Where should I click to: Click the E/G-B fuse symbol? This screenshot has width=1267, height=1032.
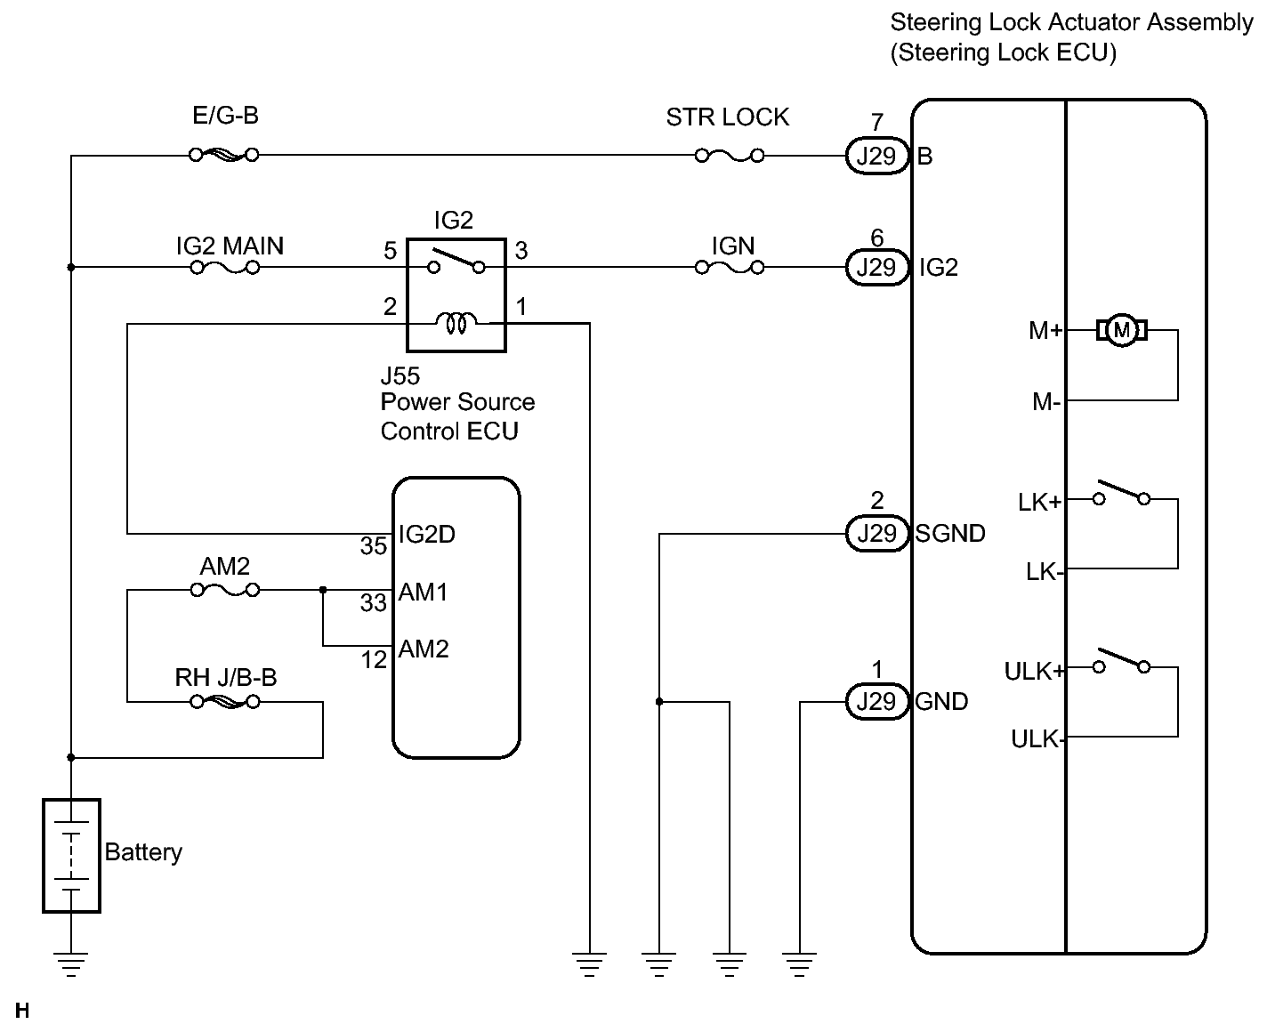[x=224, y=155]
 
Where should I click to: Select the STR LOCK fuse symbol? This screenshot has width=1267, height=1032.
[x=729, y=156]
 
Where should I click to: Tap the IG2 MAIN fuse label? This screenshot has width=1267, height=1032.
[x=230, y=246]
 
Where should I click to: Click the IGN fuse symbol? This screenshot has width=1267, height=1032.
[x=729, y=266]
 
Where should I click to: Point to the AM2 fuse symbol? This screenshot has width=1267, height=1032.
[x=225, y=589]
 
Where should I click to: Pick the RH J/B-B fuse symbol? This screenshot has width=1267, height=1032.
[x=225, y=702]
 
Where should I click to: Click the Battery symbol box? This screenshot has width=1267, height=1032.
[x=71, y=855]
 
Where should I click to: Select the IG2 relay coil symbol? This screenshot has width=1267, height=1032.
[x=456, y=324]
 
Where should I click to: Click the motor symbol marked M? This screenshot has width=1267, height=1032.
[x=1121, y=331]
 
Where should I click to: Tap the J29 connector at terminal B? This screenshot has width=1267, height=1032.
[x=876, y=156]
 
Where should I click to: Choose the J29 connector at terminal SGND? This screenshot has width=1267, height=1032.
[x=876, y=533]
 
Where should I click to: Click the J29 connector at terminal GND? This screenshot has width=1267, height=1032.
[x=876, y=702]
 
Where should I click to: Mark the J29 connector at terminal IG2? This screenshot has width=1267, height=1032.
[x=876, y=266]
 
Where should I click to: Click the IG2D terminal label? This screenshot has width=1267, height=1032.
[x=427, y=534]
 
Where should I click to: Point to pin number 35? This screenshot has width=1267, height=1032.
[x=373, y=546]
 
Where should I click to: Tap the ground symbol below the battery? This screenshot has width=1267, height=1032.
[x=71, y=963]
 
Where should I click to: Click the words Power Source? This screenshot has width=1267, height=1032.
[x=457, y=402]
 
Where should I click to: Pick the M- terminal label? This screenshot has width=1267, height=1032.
[x=1046, y=402]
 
